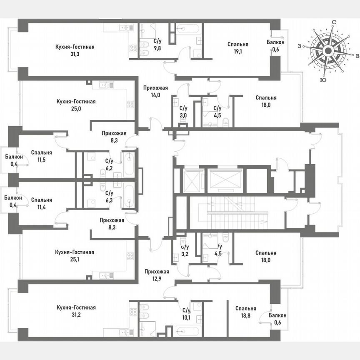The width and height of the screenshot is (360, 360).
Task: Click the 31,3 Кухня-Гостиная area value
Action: (75, 54)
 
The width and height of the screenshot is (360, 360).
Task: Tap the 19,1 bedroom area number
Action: (238, 51)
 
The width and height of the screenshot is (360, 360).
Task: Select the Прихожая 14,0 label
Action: (155, 91)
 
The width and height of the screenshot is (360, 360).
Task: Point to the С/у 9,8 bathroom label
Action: (157, 44)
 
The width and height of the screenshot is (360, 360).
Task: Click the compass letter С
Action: (334, 22)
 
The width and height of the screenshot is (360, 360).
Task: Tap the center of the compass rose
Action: (328, 51)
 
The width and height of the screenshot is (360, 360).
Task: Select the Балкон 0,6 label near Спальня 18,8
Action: (277, 319)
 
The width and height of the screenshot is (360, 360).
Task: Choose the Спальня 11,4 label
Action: (41, 203)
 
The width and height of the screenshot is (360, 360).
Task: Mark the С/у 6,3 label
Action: (109, 196)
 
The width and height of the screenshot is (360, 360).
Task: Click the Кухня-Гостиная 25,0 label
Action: (75, 105)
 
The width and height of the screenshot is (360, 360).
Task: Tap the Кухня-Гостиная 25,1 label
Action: (75, 256)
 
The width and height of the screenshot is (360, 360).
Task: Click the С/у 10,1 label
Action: (186, 313)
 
